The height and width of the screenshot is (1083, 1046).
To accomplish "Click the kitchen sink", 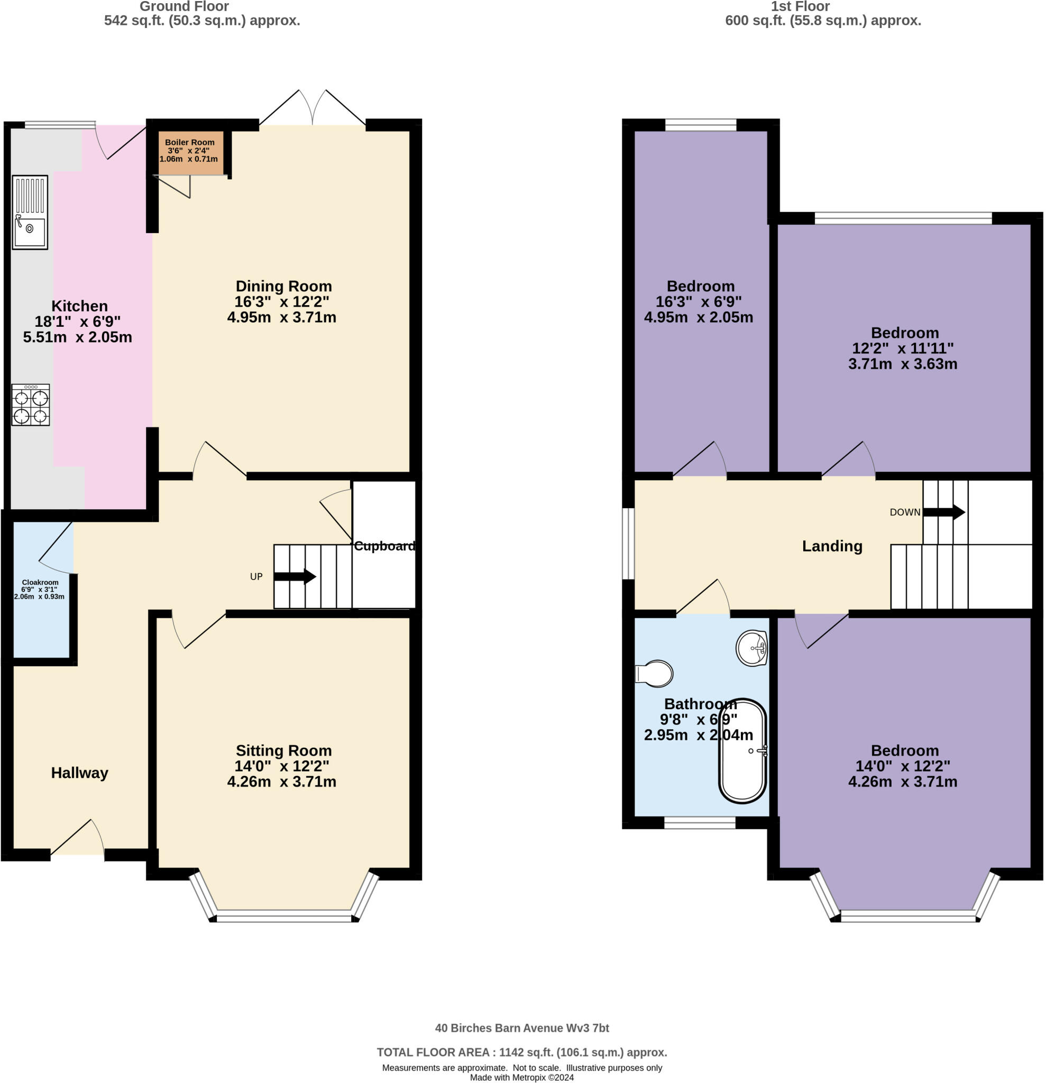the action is click(x=30, y=212).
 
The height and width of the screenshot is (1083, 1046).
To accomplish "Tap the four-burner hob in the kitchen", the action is click(x=30, y=405).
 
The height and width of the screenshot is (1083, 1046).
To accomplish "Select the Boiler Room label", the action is click(x=189, y=142).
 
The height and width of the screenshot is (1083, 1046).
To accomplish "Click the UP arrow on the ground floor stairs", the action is click(x=295, y=577).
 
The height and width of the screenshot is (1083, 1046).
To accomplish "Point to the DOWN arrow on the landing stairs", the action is click(x=944, y=512).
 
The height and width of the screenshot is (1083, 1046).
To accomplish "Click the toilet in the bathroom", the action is click(x=654, y=674).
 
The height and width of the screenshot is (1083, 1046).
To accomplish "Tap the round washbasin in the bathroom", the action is click(x=753, y=648).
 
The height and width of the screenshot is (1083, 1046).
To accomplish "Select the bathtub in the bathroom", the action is click(x=742, y=751).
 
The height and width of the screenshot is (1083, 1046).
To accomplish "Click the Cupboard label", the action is click(x=384, y=546).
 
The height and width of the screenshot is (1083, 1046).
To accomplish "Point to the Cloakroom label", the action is click(x=40, y=582).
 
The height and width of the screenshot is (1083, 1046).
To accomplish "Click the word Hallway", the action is click(x=79, y=773).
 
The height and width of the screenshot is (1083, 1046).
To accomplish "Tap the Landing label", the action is click(x=832, y=546).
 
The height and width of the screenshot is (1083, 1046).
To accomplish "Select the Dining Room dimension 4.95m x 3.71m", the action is click(x=282, y=317).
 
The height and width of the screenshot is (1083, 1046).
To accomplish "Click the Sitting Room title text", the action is click(x=284, y=750).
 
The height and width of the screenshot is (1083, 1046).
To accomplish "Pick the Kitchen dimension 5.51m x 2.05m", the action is click(x=77, y=337).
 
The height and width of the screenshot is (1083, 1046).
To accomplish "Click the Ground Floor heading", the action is click(x=184, y=7).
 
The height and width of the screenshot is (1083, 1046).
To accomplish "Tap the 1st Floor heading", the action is click(x=800, y=7).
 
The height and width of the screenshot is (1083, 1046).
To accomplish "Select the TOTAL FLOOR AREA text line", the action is click(x=522, y=1053).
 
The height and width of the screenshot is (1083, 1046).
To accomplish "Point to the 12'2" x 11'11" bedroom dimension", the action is click(x=903, y=348).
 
